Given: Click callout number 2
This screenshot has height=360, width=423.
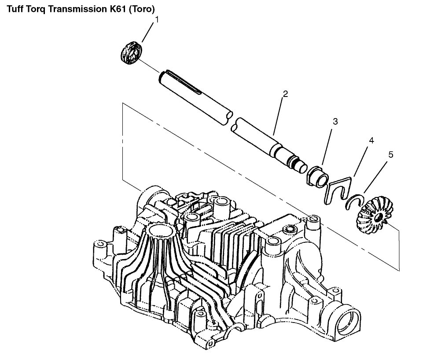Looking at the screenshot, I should tap(285, 94).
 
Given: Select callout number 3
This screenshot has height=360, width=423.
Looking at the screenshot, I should tap(335, 122).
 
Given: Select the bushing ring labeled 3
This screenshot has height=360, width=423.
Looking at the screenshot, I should tap(317, 177).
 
